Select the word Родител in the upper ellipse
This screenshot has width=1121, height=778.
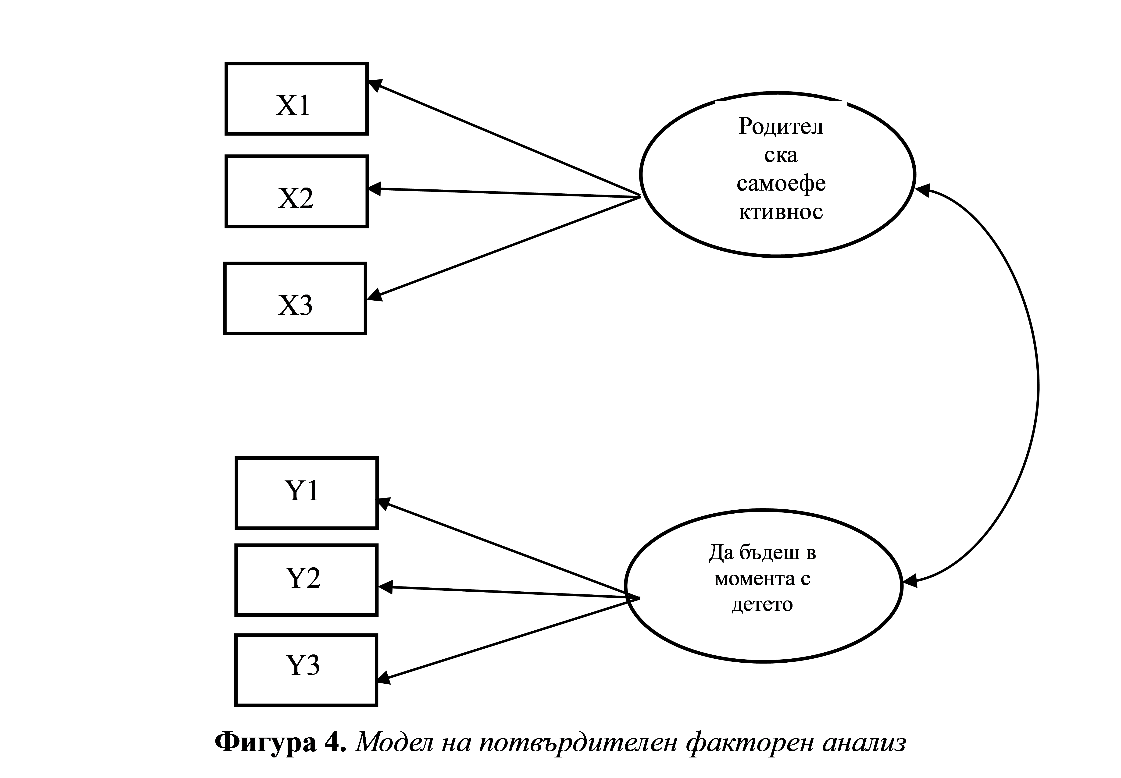[781, 127]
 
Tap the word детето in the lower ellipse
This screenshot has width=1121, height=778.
[762, 604]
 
